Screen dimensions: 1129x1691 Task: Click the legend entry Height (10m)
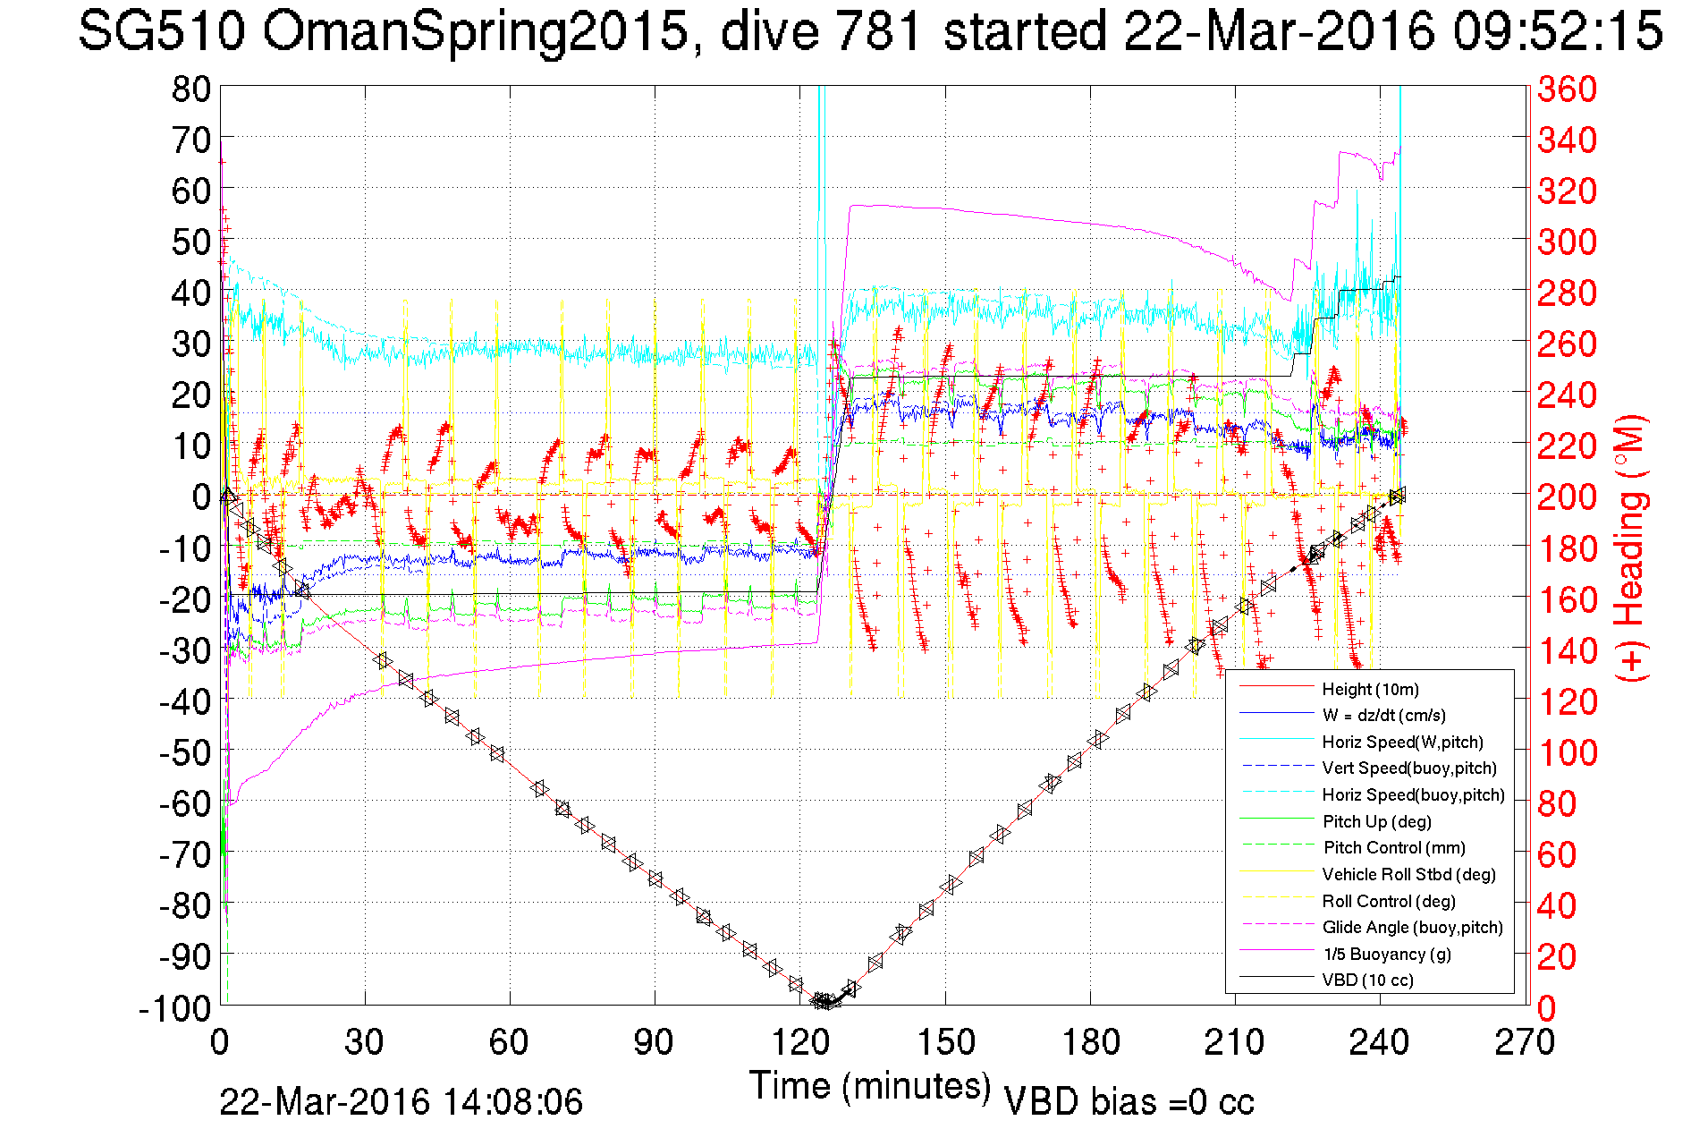pos(1369,689)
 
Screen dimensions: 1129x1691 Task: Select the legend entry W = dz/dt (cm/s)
pos(1383,715)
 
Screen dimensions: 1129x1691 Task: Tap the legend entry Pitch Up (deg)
pos(1376,821)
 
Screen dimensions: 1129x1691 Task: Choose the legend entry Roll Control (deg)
pos(1388,901)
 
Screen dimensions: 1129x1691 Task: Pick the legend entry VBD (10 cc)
pos(1367,980)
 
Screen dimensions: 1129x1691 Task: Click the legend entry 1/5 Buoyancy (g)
pos(1387,954)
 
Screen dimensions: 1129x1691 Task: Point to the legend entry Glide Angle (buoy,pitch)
pos(1412,927)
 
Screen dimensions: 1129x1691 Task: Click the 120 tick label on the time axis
pos(799,1042)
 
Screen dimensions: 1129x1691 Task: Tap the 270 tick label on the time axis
pos(1525,1042)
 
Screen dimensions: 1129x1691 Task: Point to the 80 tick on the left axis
pos(191,89)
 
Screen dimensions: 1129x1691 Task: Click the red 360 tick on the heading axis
pos(1567,89)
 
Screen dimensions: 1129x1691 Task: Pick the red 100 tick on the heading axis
pos(1567,752)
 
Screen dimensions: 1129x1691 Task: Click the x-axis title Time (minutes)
pos(870,1086)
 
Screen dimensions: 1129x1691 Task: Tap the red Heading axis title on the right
pos(1631,548)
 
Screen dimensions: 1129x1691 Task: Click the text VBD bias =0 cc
pos(1129,1101)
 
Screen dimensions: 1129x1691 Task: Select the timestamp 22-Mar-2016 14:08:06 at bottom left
pos(401,1101)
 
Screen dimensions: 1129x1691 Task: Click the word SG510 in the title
pos(161,32)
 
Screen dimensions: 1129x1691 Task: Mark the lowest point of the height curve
pos(824,1002)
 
